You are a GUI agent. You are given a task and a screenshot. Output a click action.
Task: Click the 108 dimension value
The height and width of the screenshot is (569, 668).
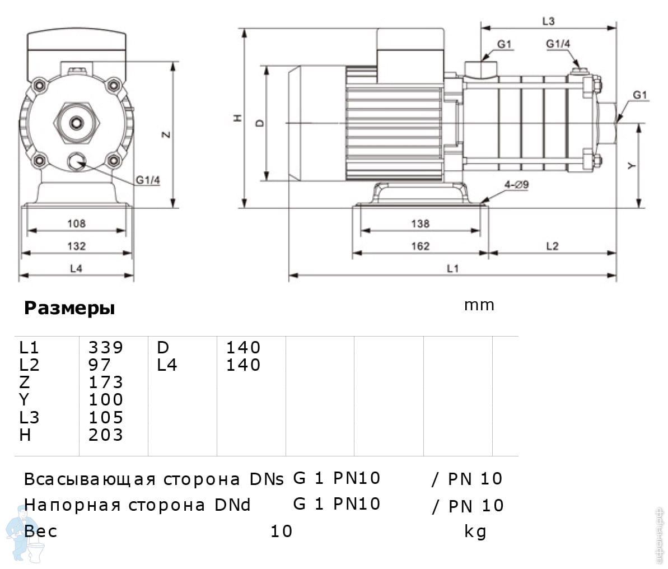[76, 223]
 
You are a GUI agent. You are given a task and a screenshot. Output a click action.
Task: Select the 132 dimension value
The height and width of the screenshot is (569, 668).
[76, 246]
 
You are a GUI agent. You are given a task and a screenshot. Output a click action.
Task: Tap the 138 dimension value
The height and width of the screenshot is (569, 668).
[420, 223]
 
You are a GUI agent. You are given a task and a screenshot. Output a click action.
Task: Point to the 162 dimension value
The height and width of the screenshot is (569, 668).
[420, 246]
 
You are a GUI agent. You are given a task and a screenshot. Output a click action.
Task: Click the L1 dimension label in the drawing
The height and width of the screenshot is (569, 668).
[452, 269]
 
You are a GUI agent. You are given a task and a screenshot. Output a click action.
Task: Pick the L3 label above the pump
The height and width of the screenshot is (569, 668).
[548, 21]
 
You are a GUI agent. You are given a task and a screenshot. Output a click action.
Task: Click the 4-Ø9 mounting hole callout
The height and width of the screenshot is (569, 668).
[516, 185]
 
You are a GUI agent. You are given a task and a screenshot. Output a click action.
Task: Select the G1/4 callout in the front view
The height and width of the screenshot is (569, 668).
[148, 180]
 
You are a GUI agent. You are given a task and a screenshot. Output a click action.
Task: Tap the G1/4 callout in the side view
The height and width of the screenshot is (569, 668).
[558, 44]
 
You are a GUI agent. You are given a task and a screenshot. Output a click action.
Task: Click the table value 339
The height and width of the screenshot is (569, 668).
[105, 347]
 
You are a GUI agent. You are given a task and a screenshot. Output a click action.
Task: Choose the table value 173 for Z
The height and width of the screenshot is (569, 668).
[105, 382]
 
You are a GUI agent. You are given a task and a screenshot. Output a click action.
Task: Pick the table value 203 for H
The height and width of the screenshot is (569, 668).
[105, 435]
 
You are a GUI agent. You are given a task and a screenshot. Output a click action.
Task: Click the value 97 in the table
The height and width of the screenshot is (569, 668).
[100, 365]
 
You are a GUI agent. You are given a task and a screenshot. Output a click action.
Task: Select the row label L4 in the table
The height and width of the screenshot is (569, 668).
[167, 365]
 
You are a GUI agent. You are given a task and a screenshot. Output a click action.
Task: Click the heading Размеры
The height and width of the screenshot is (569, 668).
[69, 308]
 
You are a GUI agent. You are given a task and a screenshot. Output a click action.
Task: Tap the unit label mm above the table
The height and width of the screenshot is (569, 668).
[479, 305]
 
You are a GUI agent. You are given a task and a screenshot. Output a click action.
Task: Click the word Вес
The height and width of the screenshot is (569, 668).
[40, 530]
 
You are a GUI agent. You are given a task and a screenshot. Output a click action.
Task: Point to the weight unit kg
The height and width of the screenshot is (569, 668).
[475, 531]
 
